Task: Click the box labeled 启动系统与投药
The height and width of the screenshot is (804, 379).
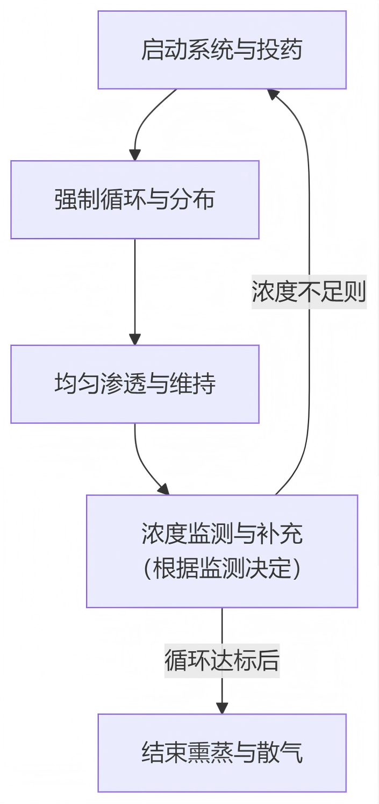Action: (221, 49)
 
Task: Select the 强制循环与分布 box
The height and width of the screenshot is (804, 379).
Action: (134, 200)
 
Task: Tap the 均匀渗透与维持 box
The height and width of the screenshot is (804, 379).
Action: (134, 384)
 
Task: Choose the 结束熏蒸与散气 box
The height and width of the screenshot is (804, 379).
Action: (221, 752)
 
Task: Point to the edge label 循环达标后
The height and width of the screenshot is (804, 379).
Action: (221, 661)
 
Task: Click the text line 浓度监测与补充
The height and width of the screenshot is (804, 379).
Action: (221, 533)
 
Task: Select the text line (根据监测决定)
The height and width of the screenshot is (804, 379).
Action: (221, 568)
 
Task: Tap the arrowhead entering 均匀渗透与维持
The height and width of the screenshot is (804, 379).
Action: (134, 339)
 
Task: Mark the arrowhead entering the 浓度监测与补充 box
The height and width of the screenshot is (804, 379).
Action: (163, 489)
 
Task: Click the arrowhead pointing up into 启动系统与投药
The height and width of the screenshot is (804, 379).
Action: (274, 95)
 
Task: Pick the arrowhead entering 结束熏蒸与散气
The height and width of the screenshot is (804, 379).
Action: (221, 708)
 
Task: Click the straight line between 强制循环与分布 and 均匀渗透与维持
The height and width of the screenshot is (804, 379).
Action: (134, 285)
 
